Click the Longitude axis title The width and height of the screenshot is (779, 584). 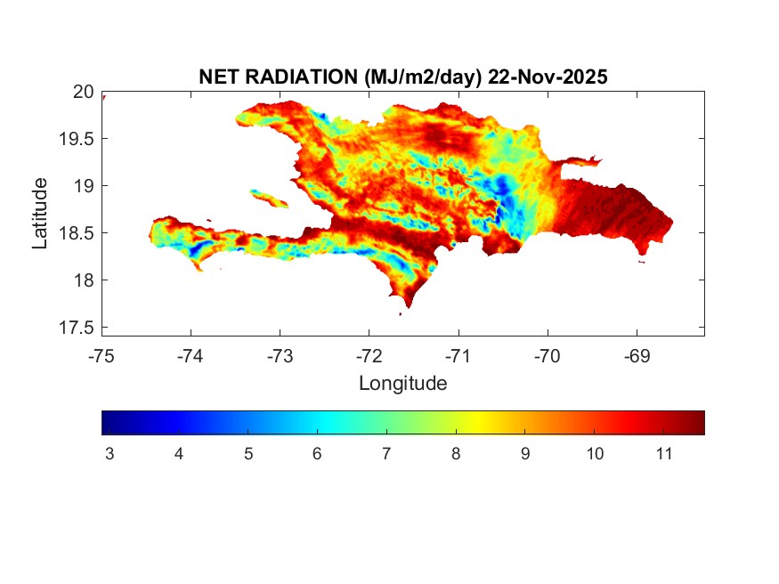pos(402,384)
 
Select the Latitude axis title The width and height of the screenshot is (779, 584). pos(40,213)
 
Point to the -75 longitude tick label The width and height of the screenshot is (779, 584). pos(101,356)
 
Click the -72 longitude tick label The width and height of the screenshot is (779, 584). pos(369,356)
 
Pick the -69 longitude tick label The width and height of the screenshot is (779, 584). pos(636,356)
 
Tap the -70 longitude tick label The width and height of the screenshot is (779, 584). pos(547,356)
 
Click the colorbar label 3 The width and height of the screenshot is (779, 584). pos(110,454)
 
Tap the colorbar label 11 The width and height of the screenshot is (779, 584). pos(663,454)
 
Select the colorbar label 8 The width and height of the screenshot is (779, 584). pos(456,454)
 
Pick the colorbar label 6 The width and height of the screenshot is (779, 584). pos(317,454)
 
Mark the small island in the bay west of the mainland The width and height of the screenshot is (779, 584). pos(267,197)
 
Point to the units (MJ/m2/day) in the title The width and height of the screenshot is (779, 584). pos(423,77)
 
